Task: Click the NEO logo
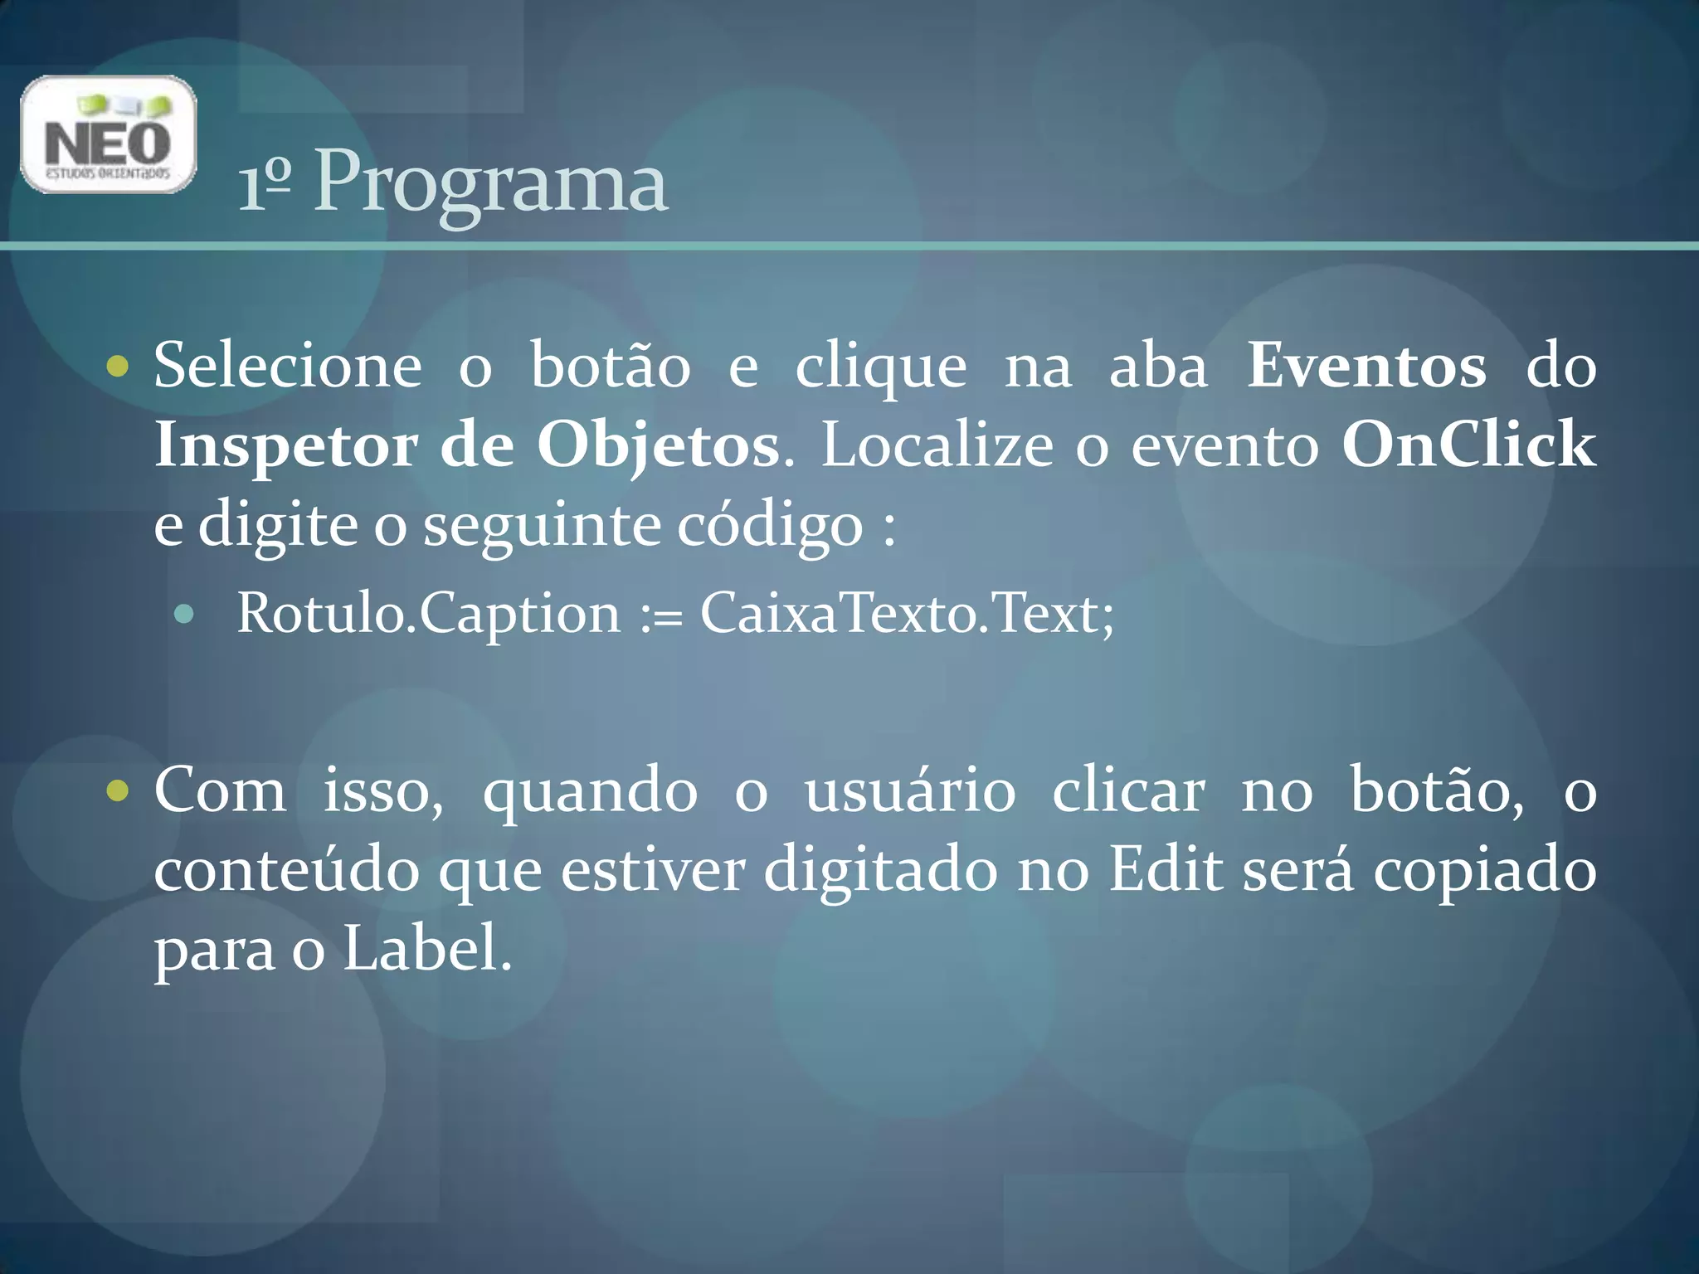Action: pos(108,134)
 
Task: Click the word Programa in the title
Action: pos(490,182)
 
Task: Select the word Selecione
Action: pos(288,366)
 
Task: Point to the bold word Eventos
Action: pos(1367,366)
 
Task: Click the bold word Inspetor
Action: pos(285,446)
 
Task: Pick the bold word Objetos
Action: pos(658,446)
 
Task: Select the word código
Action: pos(770,526)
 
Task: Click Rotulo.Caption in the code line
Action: pos(428,614)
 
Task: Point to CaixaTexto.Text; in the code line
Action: pos(908,614)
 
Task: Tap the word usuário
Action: pos(910,790)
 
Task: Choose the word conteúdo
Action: pos(286,871)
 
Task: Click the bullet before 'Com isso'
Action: pos(119,790)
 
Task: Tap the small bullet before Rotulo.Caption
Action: pos(184,615)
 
